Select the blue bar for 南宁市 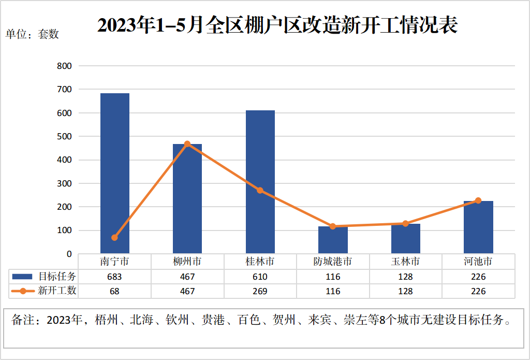coord(115,174)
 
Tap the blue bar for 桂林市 coord(260,182)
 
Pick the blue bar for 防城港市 coord(333,240)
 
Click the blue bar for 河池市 coord(478,227)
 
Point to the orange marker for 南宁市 coord(114,238)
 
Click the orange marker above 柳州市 coord(187,144)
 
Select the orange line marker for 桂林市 coord(260,191)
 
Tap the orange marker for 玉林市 coord(406,224)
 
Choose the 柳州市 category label coord(187,262)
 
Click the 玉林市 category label coord(406,262)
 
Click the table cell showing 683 coord(114,277)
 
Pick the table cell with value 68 coord(114,291)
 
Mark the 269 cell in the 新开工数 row coord(260,291)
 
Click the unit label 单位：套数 coord(32,35)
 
